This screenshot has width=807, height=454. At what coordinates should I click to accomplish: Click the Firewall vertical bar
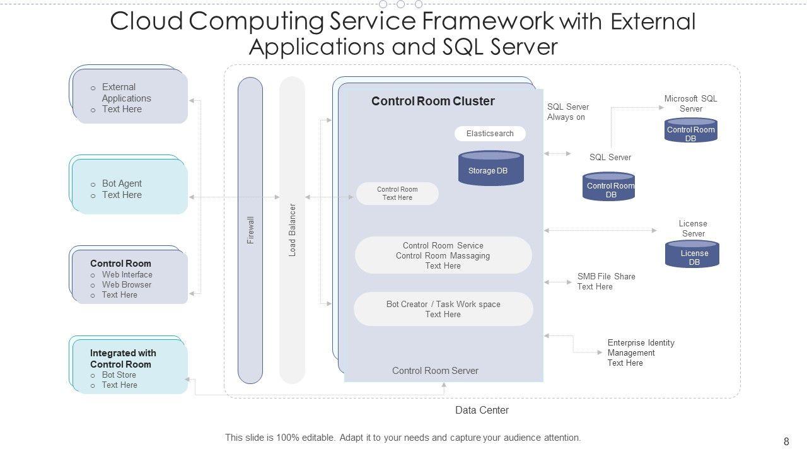coord(250,230)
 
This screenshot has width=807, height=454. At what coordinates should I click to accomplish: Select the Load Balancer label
coord(293,230)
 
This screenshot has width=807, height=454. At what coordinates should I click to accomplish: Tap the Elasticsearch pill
coord(490,134)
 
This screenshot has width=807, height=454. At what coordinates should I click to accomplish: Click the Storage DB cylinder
coord(491,169)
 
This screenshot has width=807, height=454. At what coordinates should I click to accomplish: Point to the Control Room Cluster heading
coord(433,102)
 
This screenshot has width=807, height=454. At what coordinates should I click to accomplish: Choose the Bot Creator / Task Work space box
coord(443,309)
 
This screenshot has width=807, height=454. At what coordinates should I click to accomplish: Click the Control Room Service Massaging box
coord(443,255)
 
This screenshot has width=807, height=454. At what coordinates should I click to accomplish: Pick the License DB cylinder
coord(692,255)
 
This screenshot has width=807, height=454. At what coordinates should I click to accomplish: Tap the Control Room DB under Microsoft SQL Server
coord(691,131)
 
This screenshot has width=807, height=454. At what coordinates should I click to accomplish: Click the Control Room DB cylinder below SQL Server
coord(609,187)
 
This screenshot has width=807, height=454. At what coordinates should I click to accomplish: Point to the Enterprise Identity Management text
coord(641,352)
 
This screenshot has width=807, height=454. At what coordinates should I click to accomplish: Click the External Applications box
coord(131,96)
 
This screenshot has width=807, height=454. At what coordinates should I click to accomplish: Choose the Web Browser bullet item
coord(127,285)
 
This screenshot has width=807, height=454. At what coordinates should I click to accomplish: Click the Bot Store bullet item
coord(119,375)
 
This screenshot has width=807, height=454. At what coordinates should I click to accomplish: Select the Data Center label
coord(482,410)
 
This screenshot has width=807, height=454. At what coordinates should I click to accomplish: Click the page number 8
coord(786,442)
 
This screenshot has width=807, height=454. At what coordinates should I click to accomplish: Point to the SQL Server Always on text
coord(567,112)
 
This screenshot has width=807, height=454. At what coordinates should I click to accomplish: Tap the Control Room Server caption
coord(435,371)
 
